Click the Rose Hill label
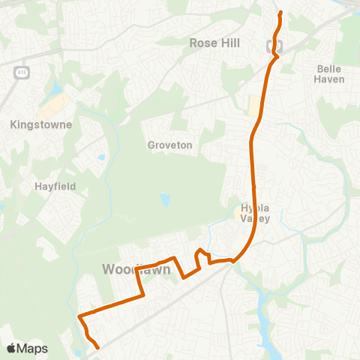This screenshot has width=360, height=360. pos(214,43)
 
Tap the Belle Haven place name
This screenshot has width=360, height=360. pos(330,73)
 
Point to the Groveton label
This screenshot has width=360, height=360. pos(170,145)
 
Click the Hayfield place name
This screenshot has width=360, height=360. pos(55,186)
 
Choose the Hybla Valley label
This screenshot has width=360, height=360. pos(254,213)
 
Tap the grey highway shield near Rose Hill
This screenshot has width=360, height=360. pos(273,46)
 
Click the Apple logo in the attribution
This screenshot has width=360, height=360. pos(12,348)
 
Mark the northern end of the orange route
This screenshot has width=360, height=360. pos(280,13)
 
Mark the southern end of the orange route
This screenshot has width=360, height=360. pos(99,347)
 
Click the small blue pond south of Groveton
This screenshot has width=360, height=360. pos(164,200)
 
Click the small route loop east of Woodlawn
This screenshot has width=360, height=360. pos(200,255)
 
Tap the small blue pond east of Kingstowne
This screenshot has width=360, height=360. pos(100,157)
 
